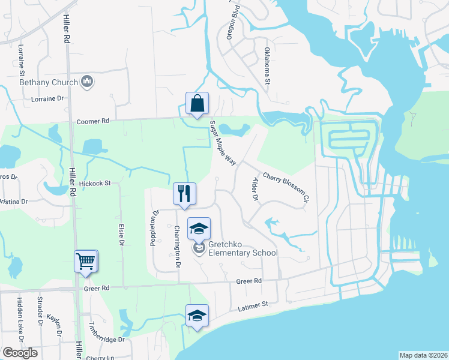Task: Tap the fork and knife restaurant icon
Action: (x=184, y=193)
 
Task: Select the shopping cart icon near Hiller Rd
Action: (x=85, y=261)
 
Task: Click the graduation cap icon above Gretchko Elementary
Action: (x=199, y=229)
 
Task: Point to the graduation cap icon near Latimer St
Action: (x=197, y=316)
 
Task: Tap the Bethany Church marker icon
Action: (x=87, y=82)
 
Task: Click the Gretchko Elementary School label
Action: (x=243, y=248)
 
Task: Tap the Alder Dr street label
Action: (x=255, y=188)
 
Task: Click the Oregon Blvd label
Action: (x=233, y=23)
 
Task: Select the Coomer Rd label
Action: (x=93, y=121)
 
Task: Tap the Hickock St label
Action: (x=95, y=183)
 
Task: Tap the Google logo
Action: (x=20, y=353)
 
